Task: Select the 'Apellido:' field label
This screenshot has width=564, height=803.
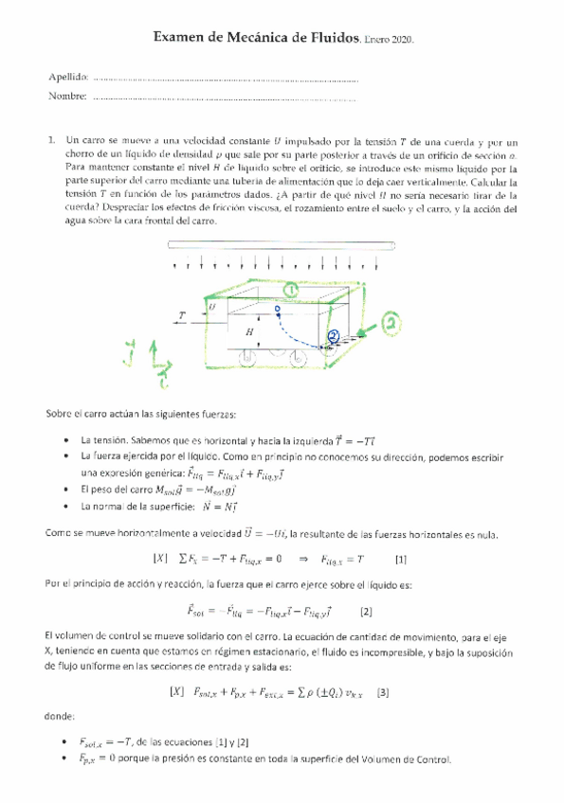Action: pyautogui.click(x=67, y=76)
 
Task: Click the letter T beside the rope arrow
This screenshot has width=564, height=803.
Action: pyautogui.click(x=181, y=313)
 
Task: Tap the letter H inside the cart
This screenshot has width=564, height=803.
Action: pyautogui.click(x=249, y=332)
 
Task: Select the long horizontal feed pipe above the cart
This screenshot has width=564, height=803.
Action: pyautogui.click(x=282, y=245)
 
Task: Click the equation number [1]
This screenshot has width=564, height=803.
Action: pyautogui.click(x=400, y=559)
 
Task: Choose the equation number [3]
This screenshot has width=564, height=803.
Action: pyautogui.click(x=383, y=691)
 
